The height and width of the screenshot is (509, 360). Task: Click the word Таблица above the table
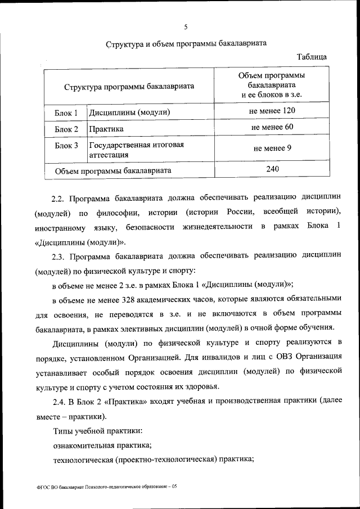[312, 57]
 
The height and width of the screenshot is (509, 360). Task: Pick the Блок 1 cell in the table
[66, 113]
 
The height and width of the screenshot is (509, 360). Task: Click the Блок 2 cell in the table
[66, 129]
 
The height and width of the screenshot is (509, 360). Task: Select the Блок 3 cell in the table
[66, 146]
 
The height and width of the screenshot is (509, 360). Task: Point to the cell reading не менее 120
[272, 111]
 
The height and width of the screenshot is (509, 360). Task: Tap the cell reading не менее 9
[272, 148]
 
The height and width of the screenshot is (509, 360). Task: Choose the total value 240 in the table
[272, 168]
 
